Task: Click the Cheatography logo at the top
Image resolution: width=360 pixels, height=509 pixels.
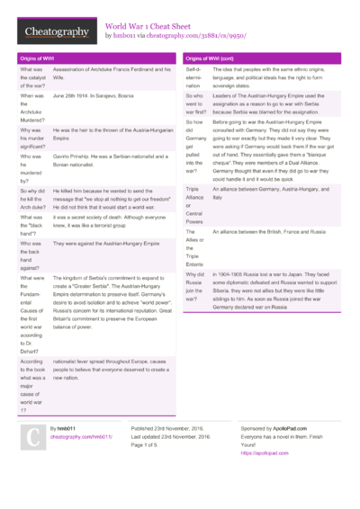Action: (x=56, y=32)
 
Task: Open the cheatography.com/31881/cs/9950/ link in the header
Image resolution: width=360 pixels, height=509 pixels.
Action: (x=189, y=37)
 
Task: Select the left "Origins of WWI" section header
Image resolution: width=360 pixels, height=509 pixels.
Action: (x=36, y=58)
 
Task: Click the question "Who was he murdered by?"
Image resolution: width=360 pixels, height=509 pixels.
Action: (x=31, y=168)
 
